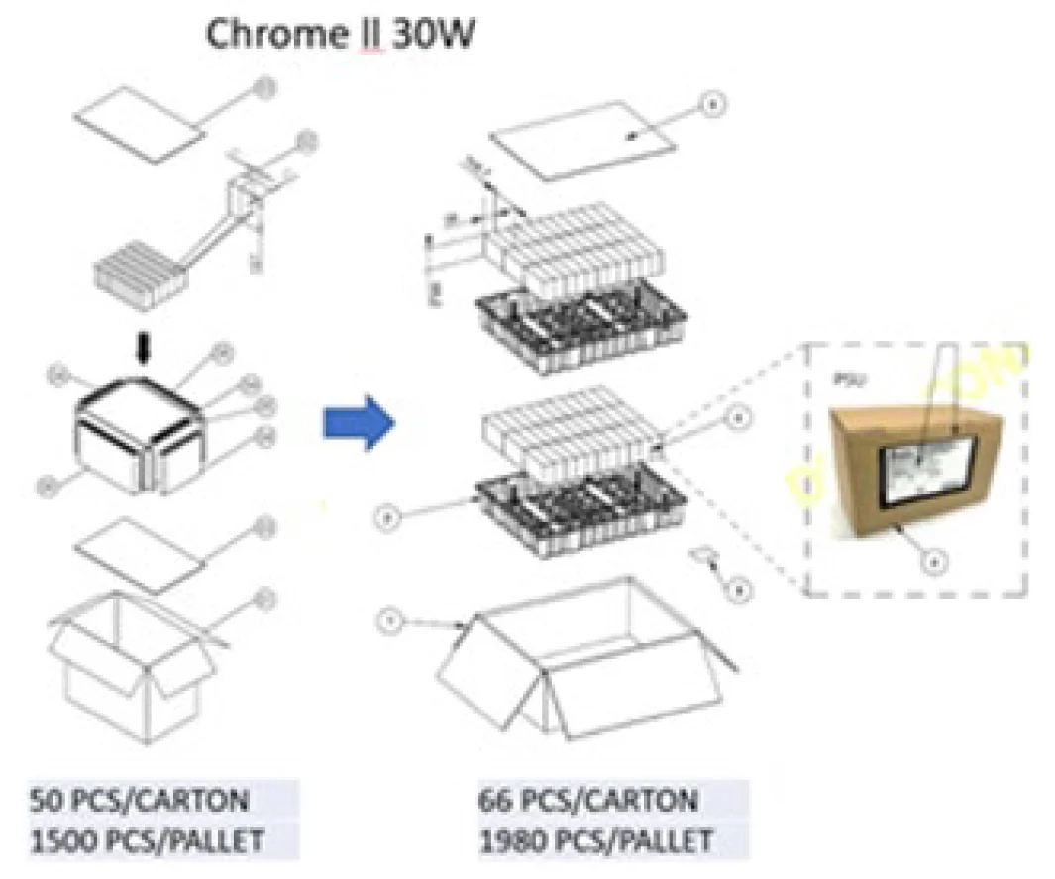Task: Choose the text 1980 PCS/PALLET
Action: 595,842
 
